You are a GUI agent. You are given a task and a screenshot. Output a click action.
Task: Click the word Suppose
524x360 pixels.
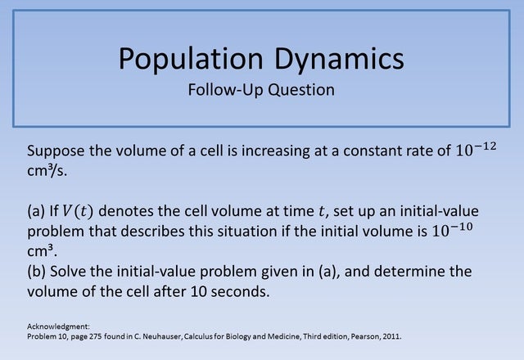coord(56,152)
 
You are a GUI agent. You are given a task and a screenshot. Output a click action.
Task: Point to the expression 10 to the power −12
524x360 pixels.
coord(475,151)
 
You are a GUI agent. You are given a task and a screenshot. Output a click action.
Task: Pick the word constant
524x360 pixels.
coord(364,152)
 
